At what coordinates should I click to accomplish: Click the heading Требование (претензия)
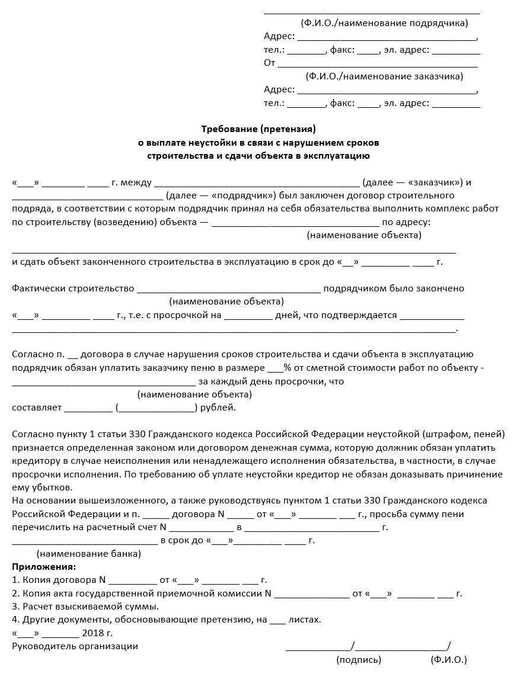pos(258,129)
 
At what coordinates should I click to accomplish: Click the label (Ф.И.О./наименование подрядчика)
pos(384,23)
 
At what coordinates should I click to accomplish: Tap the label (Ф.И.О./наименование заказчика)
pos(384,76)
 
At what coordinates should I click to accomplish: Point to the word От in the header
pos(270,63)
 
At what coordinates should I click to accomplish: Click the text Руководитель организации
pos(75,646)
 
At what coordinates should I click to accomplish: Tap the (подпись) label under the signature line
pos(359,659)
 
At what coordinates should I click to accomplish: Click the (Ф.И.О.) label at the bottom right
pos(449,659)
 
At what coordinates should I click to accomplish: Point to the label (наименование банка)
pos(89,554)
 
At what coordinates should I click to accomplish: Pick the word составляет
pos(36,408)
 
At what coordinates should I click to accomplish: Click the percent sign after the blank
pos(288,368)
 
